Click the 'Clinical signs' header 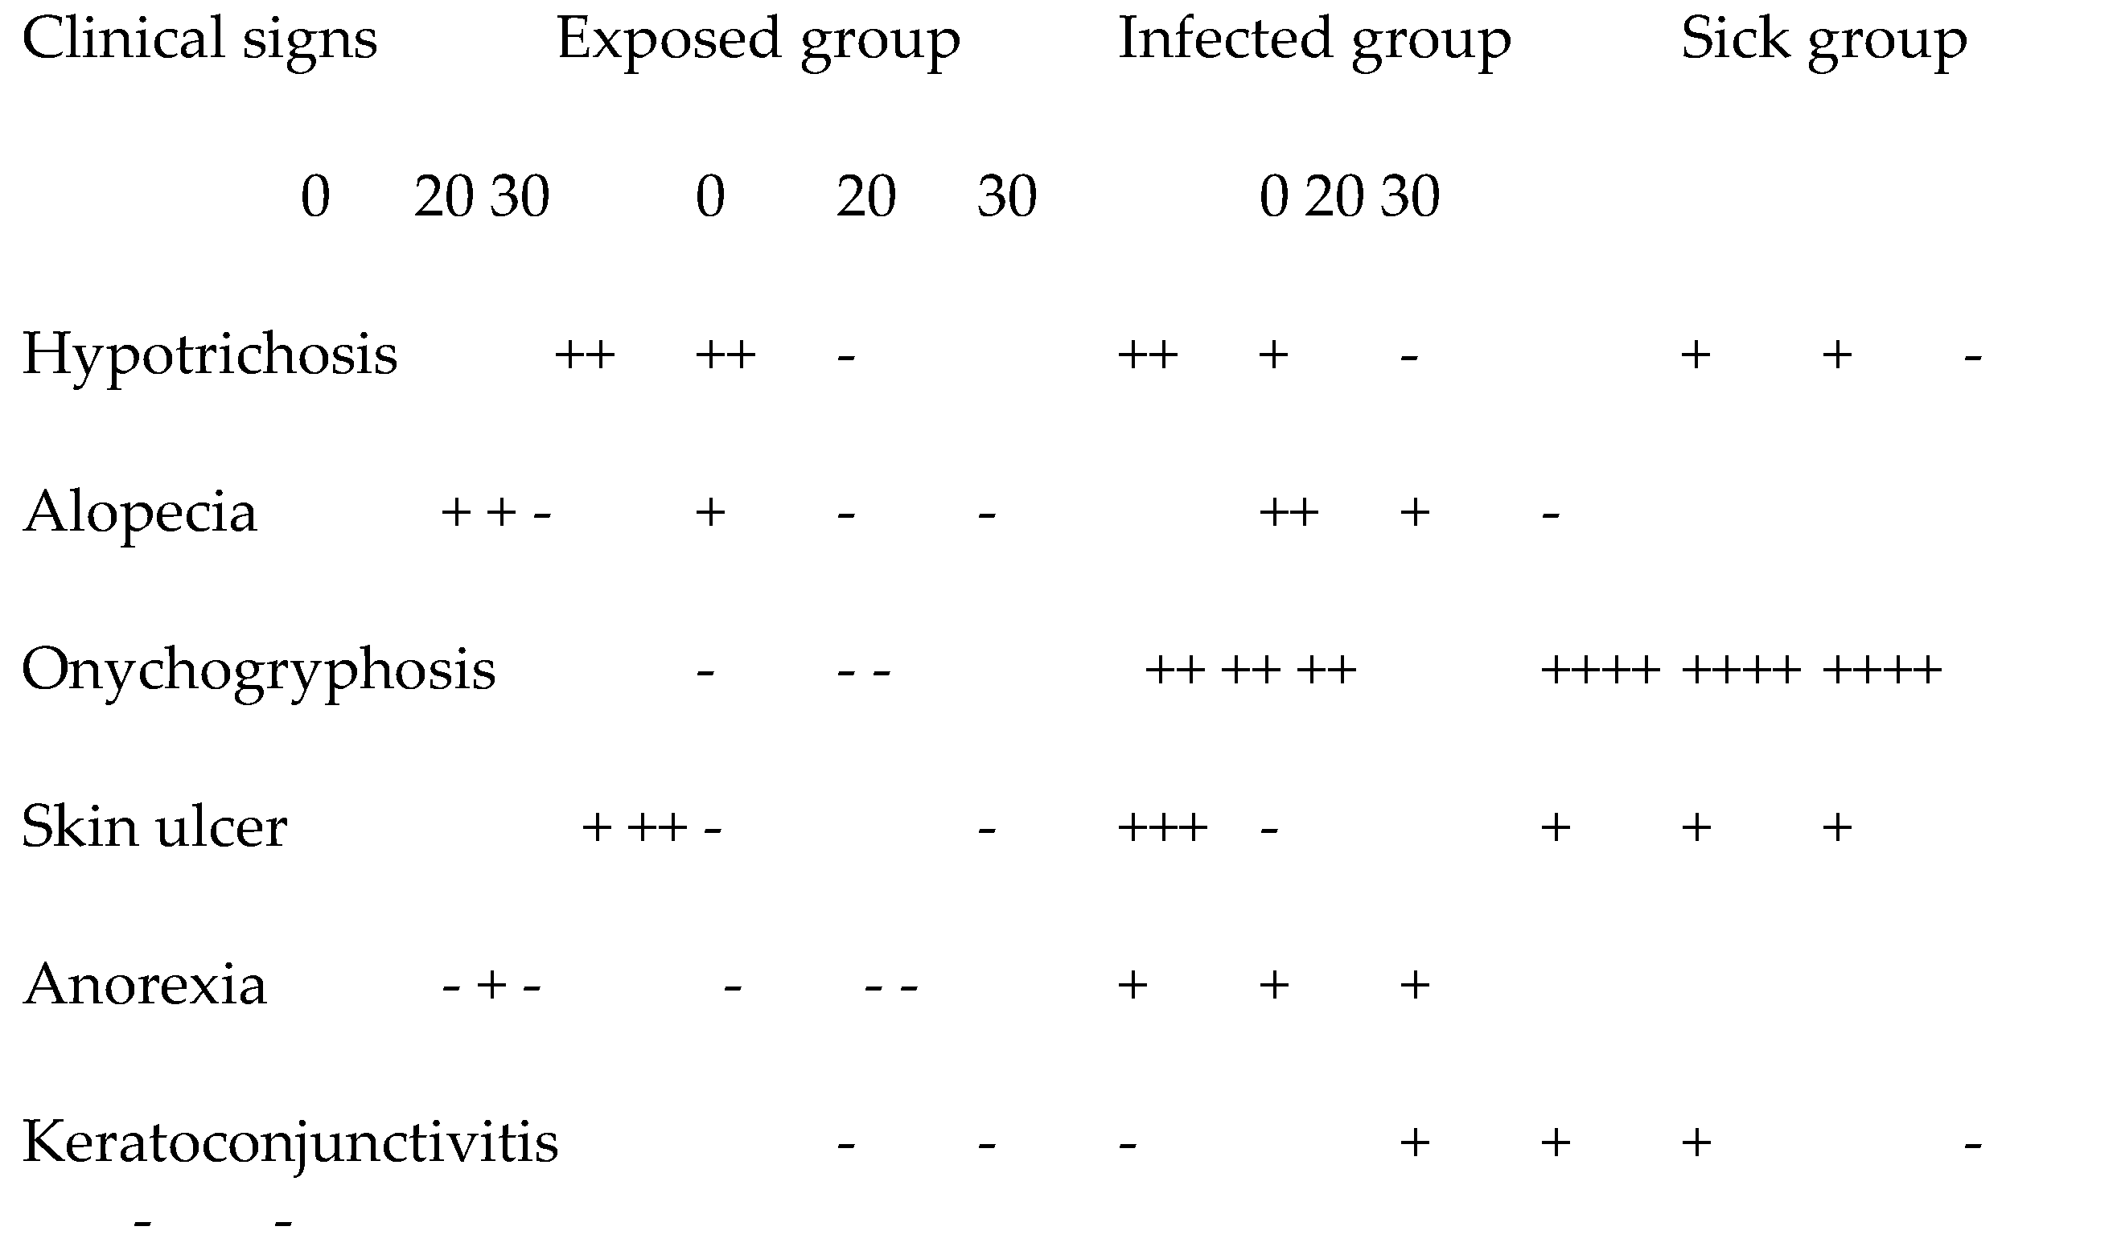point(199,40)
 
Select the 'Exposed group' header point(758,40)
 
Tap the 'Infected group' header point(1314,40)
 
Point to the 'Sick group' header point(1823,40)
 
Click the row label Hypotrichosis point(209,355)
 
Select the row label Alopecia point(139,513)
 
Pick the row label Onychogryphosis point(259,671)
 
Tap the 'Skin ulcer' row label point(154,827)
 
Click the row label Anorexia point(145,985)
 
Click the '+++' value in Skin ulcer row point(1162,827)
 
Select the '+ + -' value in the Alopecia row point(495,513)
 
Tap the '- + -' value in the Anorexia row point(491,985)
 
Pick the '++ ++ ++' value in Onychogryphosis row point(1251,671)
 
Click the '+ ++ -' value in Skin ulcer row point(652,827)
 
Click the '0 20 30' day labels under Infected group point(1349,198)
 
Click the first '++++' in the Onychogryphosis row point(1600,671)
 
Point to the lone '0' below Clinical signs point(315,198)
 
